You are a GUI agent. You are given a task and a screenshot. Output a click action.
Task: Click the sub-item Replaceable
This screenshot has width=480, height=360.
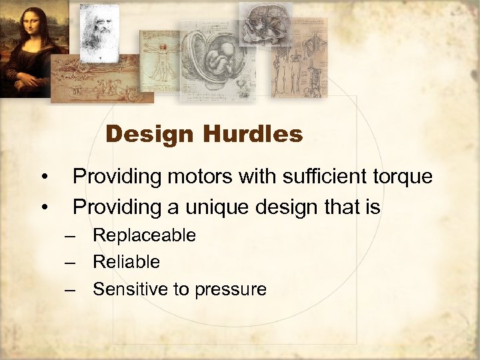click(144, 235)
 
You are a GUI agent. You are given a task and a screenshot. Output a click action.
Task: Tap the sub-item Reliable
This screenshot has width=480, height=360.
click(126, 262)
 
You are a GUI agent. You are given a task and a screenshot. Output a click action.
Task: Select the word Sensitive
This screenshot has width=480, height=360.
click(126, 289)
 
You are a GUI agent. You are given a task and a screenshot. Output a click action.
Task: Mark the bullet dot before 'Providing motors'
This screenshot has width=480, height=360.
click(44, 177)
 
